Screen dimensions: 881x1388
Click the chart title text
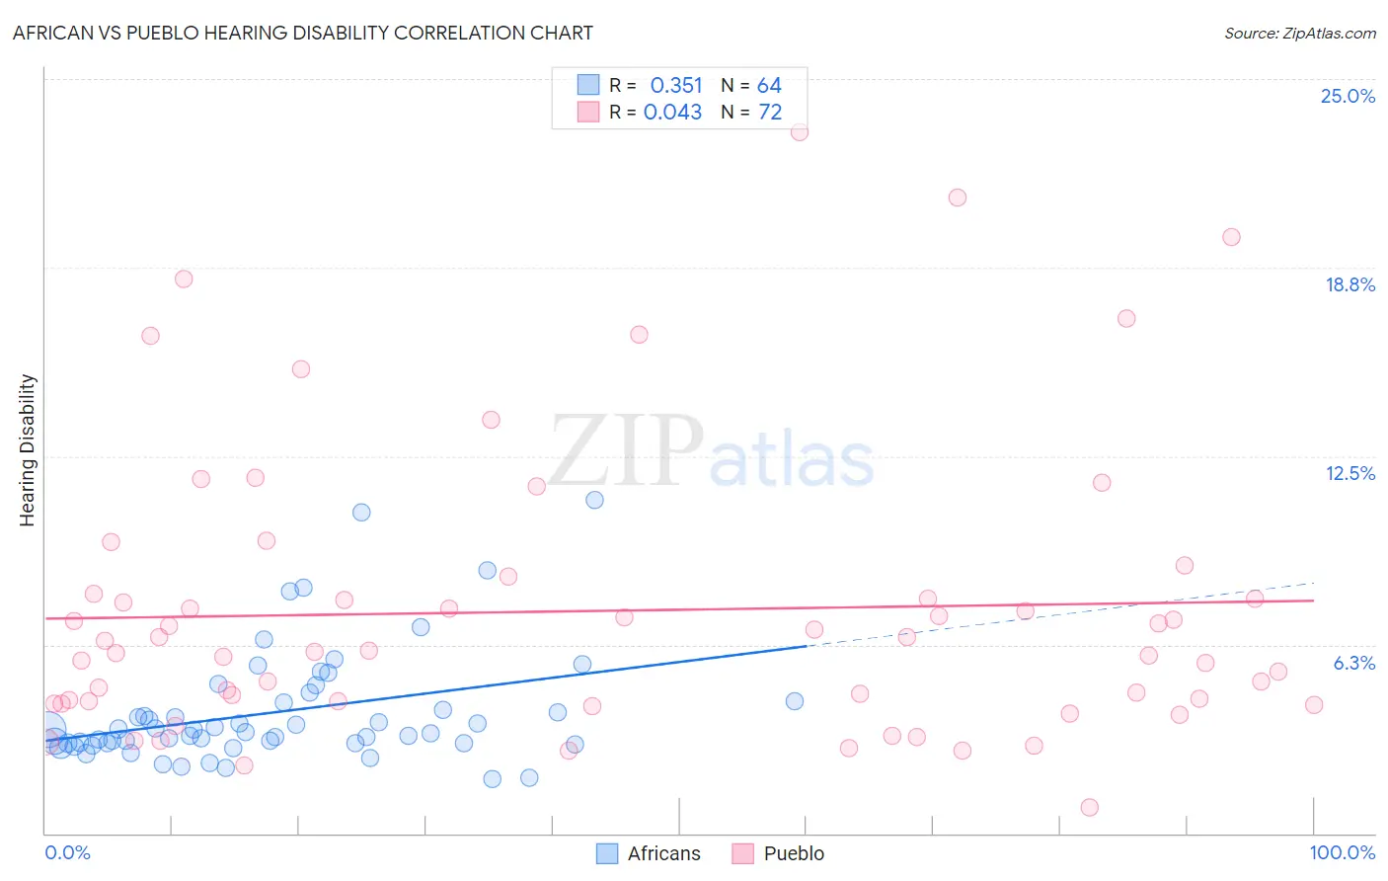pyautogui.click(x=303, y=33)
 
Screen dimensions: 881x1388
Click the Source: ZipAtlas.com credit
pyautogui.click(x=1299, y=33)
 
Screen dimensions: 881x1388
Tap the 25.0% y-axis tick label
pyautogui.click(x=1348, y=96)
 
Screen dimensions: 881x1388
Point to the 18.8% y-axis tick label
pyautogui.click(x=1349, y=284)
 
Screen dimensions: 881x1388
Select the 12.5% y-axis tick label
pyautogui.click(x=1349, y=473)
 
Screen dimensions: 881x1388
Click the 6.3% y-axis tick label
pyautogui.click(x=1353, y=663)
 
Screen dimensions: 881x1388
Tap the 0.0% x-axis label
pyautogui.click(x=67, y=852)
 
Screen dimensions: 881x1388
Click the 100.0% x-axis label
pyautogui.click(x=1342, y=852)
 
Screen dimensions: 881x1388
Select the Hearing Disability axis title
pyautogui.click(x=27, y=450)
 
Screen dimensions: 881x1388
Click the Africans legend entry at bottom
pyautogui.click(x=650, y=853)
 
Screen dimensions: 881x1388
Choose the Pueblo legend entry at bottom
pyautogui.click(x=779, y=853)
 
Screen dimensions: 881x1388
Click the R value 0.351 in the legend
pyautogui.click(x=676, y=86)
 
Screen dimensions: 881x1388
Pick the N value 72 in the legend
pyautogui.click(x=770, y=113)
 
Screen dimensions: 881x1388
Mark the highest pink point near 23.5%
pyautogui.click(x=799, y=131)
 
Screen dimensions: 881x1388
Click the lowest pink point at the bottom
pyautogui.click(x=1089, y=807)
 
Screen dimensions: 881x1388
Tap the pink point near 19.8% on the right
pyautogui.click(x=1231, y=237)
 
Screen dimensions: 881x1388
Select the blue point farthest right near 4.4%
pyautogui.click(x=795, y=701)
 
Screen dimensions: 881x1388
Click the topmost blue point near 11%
pyautogui.click(x=594, y=500)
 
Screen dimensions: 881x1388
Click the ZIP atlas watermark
pyautogui.click(x=712, y=452)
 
